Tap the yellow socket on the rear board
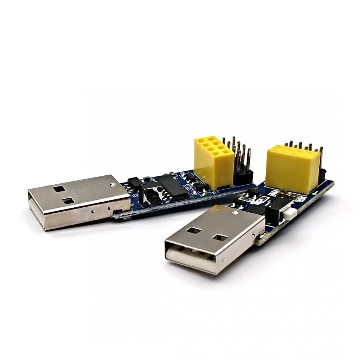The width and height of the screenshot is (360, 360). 213,160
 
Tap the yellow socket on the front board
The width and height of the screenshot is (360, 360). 290,164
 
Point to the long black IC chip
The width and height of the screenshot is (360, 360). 174,185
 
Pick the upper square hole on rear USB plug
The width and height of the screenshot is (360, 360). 58,187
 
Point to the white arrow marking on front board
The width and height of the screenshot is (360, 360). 316,194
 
